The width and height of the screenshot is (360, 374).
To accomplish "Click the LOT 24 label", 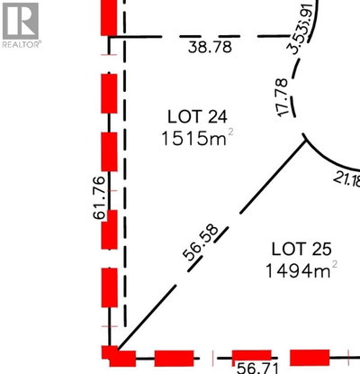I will pyautogui.click(x=195, y=115).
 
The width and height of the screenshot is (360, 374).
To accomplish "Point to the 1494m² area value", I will pyautogui.click(x=296, y=269).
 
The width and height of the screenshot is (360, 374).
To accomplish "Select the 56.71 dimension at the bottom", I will pyautogui.click(x=256, y=367).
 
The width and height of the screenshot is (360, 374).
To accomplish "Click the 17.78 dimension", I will pyautogui.click(x=284, y=97).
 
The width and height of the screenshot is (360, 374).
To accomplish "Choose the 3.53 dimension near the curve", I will pyautogui.click(x=296, y=42).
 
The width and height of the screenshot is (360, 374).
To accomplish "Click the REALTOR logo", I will pyautogui.click(x=20, y=19).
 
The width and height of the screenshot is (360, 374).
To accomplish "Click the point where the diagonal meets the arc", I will pyautogui.click(x=304, y=141).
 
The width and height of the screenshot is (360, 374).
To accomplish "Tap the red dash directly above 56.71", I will pyautogui.click(x=253, y=355).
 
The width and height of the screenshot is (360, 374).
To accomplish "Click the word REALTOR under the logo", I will pyautogui.click(x=20, y=43).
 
